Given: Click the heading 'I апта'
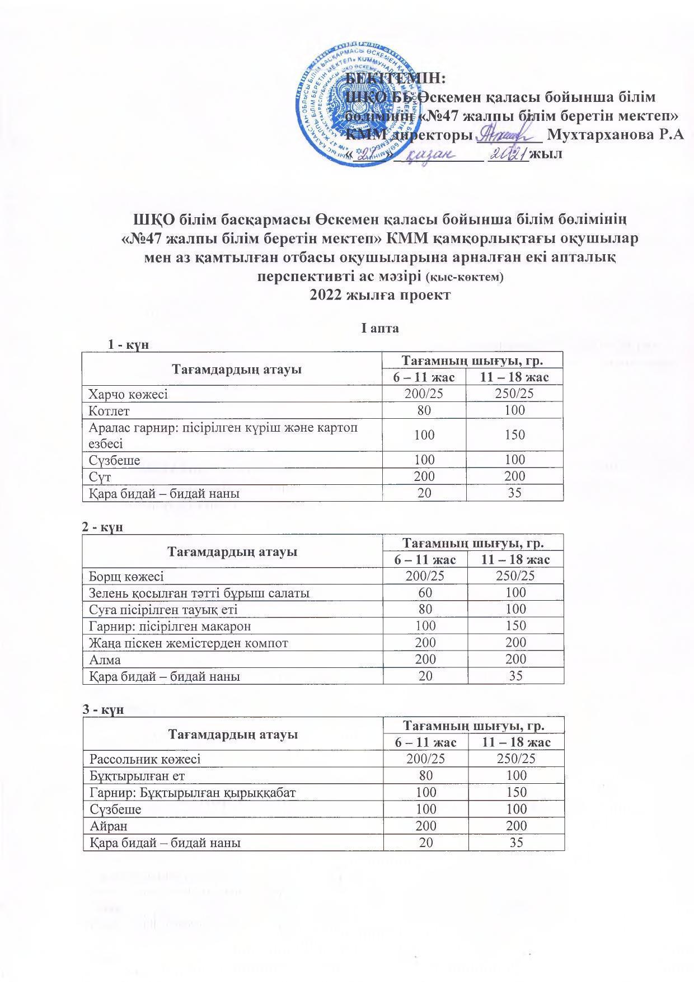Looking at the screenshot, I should (x=380, y=328).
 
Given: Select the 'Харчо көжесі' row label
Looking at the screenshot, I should (x=128, y=394).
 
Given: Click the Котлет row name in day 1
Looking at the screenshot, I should (x=109, y=410).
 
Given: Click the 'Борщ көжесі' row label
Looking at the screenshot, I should (x=126, y=576).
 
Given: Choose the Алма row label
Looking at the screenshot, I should (x=105, y=660).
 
